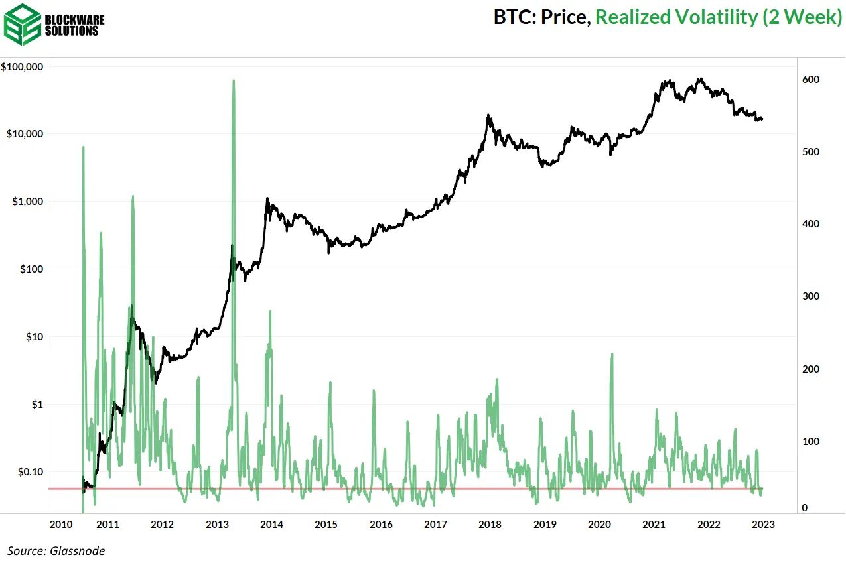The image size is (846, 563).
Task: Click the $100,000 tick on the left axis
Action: (x=23, y=67)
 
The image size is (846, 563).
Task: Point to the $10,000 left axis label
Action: (x=25, y=134)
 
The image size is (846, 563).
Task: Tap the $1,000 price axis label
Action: (x=27, y=202)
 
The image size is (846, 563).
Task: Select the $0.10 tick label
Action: (x=31, y=471)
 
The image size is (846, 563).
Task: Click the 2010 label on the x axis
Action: (x=61, y=525)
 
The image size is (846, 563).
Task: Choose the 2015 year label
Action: (x=326, y=525)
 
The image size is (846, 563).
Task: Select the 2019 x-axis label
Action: (x=545, y=525)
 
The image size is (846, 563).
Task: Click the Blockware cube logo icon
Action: (x=21, y=23)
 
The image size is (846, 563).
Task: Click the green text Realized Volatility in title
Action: (x=675, y=17)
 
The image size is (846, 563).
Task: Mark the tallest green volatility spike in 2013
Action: (x=234, y=81)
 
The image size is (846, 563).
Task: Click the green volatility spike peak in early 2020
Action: (x=611, y=354)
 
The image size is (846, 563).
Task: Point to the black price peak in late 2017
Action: (x=488, y=115)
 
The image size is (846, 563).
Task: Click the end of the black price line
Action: (x=762, y=119)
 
